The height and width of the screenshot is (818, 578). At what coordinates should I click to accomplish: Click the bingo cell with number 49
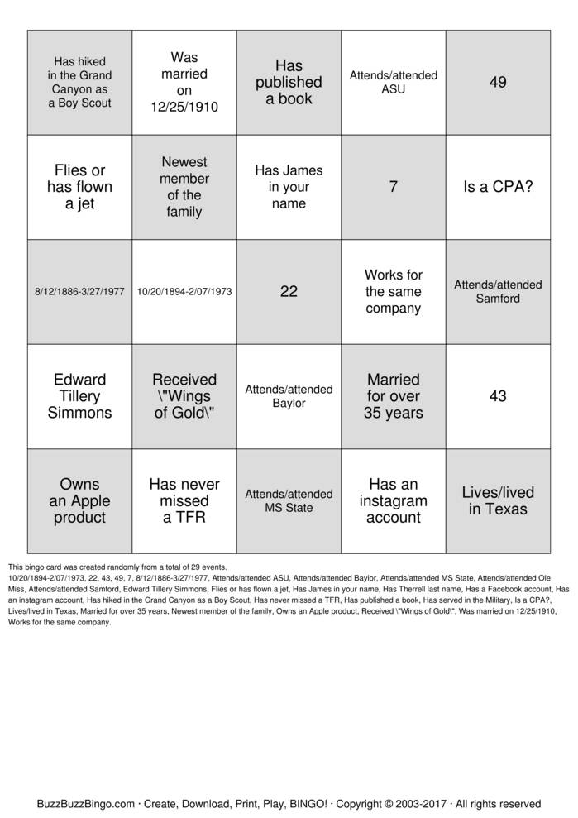point(498,83)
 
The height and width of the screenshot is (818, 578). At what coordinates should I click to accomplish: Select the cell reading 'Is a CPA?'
point(498,187)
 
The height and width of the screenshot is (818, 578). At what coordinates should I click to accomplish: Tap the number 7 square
point(394,187)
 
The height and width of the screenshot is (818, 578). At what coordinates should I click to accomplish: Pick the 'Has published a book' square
point(289,83)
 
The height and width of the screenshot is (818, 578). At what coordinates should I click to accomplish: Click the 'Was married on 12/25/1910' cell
point(184,83)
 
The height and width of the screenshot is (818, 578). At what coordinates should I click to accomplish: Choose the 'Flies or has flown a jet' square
point(80,187)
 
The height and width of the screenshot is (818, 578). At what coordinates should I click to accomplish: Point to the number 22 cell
point(289,291)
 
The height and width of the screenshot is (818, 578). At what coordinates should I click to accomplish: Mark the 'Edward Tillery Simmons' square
point(80,396)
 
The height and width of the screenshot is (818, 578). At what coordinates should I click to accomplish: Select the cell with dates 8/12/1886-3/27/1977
point(80,291)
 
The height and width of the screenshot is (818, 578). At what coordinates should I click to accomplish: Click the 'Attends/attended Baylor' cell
point(289,396)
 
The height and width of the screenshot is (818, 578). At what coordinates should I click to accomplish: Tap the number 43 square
point(498,396)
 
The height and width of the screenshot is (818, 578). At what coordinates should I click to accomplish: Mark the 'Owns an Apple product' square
point(80,500)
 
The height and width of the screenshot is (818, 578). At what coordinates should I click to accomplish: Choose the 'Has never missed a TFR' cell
point(184,500)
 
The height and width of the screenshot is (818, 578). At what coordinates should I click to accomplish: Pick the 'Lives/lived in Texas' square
point(498,500)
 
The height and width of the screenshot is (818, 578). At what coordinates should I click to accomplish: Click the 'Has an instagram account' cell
point(394,500)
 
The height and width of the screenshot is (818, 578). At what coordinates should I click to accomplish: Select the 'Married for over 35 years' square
point(394,396)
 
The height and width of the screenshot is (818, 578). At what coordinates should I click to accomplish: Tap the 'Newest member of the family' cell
point(184,187)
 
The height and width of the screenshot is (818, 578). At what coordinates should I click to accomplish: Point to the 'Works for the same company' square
point(394,291)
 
